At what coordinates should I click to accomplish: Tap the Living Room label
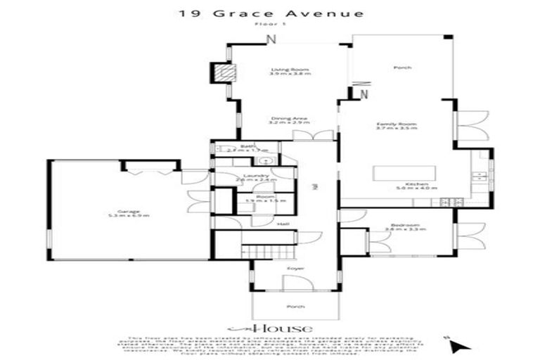(x=290, y=70)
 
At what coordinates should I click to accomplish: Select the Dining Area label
(x=290, y=120)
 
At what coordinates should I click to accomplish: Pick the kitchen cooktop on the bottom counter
(x=449, y=202)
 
